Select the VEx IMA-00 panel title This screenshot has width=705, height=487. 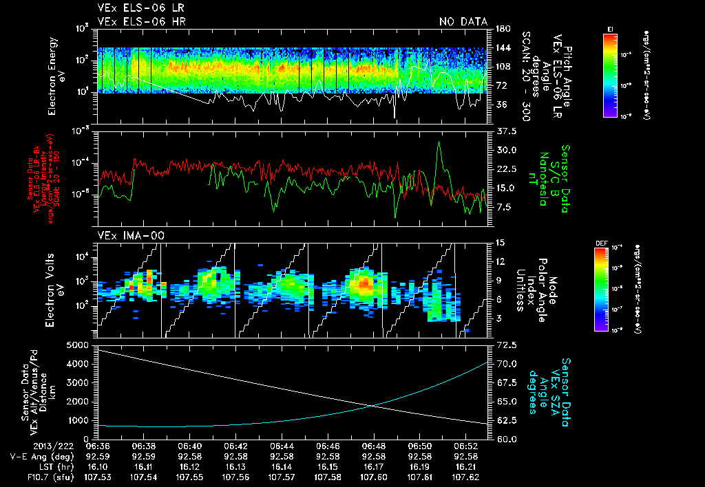127,236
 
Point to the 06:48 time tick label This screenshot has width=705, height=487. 374,446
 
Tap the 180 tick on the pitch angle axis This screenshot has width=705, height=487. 502,29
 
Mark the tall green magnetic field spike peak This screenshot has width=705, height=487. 439,142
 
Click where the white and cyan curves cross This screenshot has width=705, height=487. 373,406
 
